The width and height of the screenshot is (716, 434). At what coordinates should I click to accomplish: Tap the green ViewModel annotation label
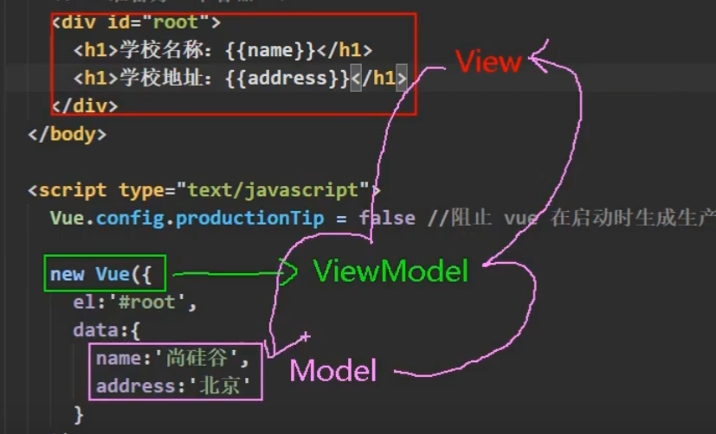(x=390, y=271)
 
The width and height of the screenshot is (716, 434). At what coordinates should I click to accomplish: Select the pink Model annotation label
(x=333, y=370)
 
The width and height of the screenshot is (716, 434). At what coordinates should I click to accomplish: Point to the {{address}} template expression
(x=287, y=79)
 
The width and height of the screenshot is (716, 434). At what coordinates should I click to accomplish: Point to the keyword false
(x=386, y=218)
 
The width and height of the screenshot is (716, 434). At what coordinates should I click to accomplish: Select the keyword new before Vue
(x=67, y=274)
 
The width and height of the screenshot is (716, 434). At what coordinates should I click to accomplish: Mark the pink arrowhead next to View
(x=541, y=58)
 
